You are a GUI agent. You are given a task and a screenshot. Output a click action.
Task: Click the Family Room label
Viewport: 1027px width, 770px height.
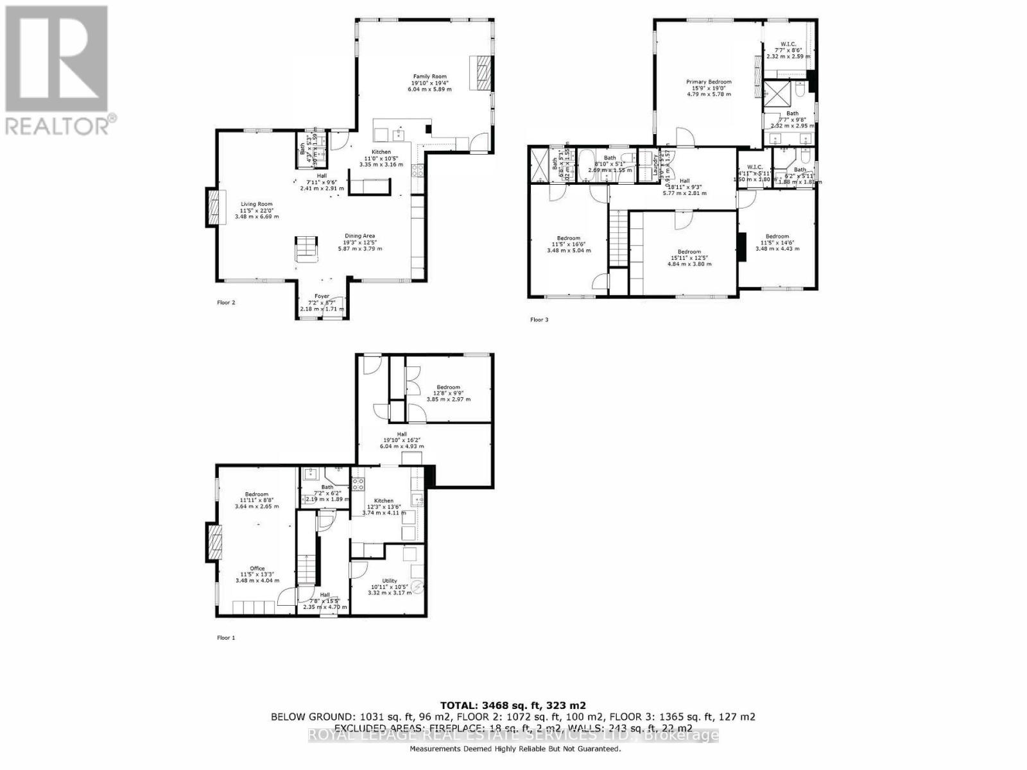click(429, 76)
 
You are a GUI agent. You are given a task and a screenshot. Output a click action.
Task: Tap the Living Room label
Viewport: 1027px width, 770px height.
click(257, 204)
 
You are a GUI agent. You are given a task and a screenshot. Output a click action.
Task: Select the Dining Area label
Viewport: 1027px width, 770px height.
click(359, 235)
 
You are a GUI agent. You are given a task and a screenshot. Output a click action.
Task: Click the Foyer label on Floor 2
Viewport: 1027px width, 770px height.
click(322, 296)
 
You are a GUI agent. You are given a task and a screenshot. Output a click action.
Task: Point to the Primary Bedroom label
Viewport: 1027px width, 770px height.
click(709, 82)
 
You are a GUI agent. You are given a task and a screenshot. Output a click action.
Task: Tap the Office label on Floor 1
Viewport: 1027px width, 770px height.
click(257, 568)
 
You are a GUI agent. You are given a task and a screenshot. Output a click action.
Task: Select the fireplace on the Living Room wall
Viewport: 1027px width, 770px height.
click(212, 207)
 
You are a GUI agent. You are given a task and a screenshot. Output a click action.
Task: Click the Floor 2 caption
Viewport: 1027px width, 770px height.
click(225, 302)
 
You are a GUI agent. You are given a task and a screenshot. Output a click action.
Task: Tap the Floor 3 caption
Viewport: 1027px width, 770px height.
click(539, 320)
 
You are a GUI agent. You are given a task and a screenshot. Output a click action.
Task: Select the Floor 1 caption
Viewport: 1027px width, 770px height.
click(225, 638)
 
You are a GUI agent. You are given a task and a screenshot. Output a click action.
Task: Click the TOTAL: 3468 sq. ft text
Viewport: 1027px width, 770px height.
click(513, 705)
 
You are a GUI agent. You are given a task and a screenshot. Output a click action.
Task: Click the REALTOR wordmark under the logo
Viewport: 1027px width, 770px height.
click(61, 124)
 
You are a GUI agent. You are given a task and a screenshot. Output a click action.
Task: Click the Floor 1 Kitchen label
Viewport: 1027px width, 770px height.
click(384, 501)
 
